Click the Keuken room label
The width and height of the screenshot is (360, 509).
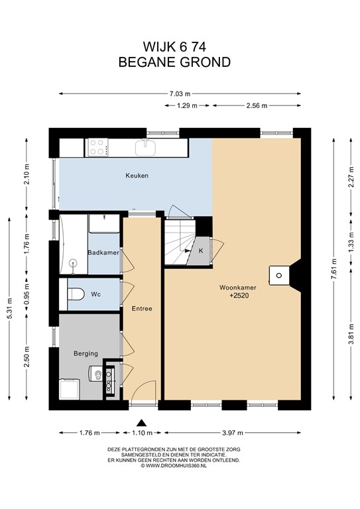coord(137,176)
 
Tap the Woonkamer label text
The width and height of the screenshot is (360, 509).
coord(238,287)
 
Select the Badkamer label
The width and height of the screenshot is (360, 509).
coord(103,253)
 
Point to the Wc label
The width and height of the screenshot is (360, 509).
coord(95,294)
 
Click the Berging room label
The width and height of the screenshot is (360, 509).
coord(86,353)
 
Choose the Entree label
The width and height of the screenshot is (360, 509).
coord(142,308)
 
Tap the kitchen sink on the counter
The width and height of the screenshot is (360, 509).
coord(146,148)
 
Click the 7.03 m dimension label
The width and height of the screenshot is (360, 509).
coord(180,94)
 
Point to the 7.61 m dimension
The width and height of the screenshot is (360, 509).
coord(333,269)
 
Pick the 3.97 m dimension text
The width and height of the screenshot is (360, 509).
coord(233,433)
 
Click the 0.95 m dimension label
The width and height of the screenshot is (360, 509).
coord(27,294)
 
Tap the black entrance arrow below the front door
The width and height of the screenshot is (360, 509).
coord(141,423)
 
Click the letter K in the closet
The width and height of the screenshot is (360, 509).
coord(201,251)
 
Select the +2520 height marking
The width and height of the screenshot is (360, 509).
coord(239,296)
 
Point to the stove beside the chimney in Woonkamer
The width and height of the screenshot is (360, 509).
coord(278,276)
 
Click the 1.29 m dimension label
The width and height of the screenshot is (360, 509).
coord(187,105)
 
